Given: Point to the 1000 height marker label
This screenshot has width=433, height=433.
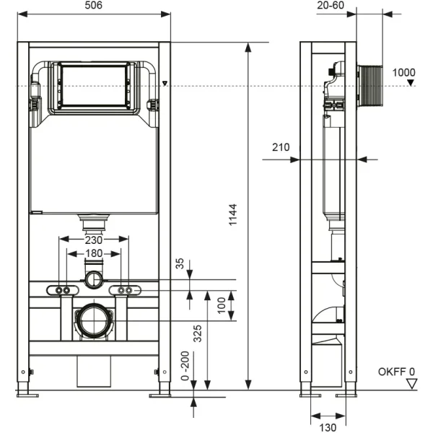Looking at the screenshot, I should click(405, 73).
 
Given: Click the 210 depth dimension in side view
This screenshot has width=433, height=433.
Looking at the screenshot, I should click(281, 148).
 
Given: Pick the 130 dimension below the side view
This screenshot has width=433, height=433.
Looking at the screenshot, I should click(328, 427).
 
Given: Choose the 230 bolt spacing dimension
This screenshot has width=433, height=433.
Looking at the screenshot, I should click(94, 240).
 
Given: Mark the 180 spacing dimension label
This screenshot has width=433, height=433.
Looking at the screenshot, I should click(93, 253).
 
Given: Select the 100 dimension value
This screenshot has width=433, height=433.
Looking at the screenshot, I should click(221, 305).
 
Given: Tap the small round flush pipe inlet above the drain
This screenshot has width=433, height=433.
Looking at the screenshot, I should click(93, 279).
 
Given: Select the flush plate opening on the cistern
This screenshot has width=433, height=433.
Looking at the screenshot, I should click(93, 87).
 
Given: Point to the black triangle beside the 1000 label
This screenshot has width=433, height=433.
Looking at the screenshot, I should click(410, 84).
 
